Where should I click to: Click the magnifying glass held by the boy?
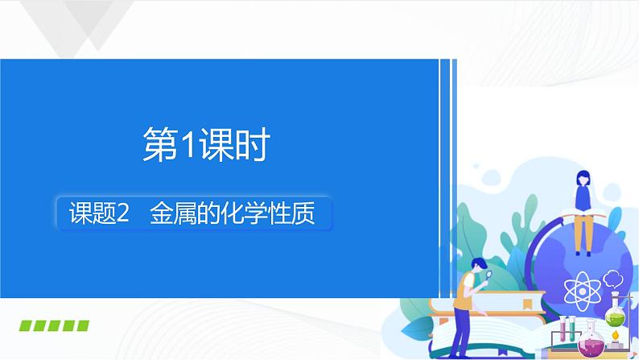489,274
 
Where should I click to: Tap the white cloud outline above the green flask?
613,279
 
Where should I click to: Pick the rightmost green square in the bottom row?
82,326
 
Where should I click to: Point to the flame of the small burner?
616,334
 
